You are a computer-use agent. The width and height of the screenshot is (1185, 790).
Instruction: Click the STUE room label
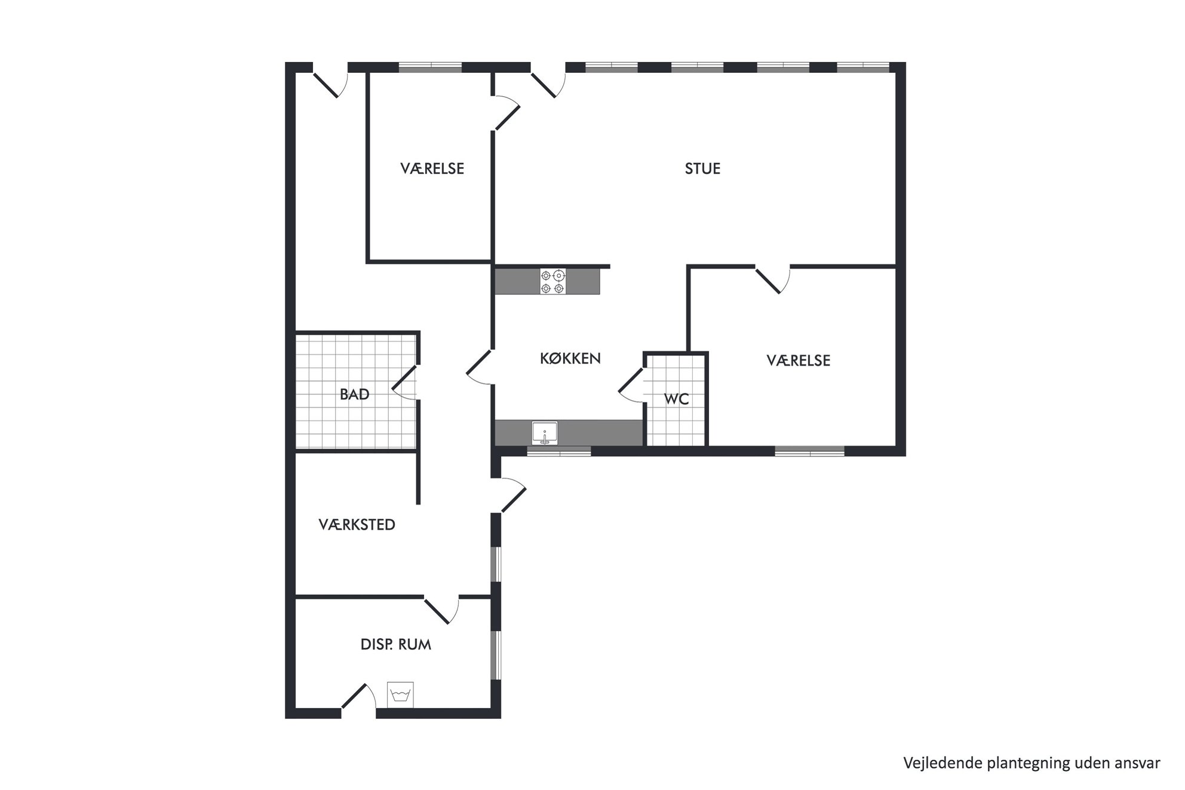(702, 169)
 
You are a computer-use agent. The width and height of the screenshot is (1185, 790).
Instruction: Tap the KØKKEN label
(570, 358)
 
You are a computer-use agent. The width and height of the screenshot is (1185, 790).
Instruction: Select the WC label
(676, 399)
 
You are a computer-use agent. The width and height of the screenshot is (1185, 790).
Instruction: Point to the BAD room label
(354, 394)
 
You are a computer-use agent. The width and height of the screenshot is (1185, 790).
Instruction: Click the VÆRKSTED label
(357, 525)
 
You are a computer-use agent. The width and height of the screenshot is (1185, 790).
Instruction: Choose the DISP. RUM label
(395, 645)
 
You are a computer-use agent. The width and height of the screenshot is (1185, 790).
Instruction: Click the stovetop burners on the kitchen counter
(552, 282)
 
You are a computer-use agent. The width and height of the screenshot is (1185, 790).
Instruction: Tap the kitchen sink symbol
(545, 433)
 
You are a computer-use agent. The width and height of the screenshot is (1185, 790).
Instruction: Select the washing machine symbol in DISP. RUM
(400, 694)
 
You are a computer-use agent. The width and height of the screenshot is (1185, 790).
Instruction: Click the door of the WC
(630, 385)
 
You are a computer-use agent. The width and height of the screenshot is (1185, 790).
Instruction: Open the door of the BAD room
(404, 383)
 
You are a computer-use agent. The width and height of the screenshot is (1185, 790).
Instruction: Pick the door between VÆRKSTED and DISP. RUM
(441, 609)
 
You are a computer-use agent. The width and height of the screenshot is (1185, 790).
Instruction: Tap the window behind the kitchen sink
(559, 451)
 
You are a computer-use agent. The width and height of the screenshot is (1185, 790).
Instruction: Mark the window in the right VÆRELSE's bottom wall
(810, 451)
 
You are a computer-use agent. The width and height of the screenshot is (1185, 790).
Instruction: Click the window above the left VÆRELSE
(431, 67)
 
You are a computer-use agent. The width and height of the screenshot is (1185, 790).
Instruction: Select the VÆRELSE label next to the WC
(799, 361)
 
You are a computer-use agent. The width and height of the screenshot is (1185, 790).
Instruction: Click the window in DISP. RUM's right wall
(496, 654)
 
